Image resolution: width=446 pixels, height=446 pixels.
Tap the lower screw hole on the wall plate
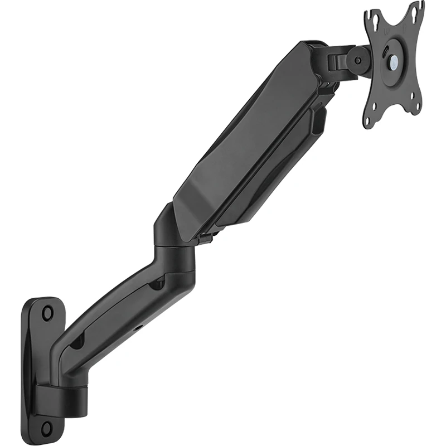coord(47,428)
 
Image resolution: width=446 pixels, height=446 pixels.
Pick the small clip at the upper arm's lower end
coord(206,239)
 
